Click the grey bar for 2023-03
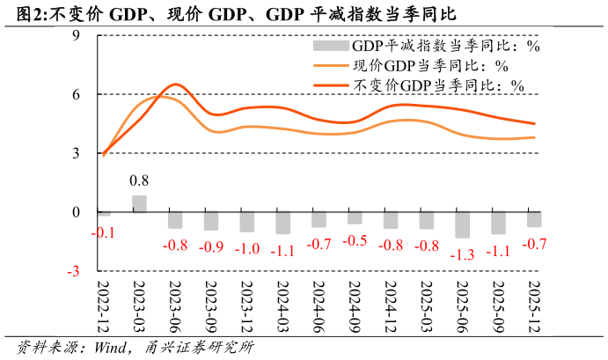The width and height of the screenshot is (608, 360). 139,204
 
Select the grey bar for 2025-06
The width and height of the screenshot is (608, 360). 462,224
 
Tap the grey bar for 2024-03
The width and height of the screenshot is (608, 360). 282,223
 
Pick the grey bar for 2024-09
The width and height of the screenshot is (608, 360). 355,217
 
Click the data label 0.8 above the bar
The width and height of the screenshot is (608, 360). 139,181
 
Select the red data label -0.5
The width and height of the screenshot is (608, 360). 355,240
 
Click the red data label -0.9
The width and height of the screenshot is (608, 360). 211,247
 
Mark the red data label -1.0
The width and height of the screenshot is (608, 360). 247,249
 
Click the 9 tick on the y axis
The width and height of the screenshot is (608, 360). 76,35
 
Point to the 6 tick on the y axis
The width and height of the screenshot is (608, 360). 76,94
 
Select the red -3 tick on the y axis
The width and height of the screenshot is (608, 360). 73,271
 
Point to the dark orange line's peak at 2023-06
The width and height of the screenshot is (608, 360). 175,84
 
